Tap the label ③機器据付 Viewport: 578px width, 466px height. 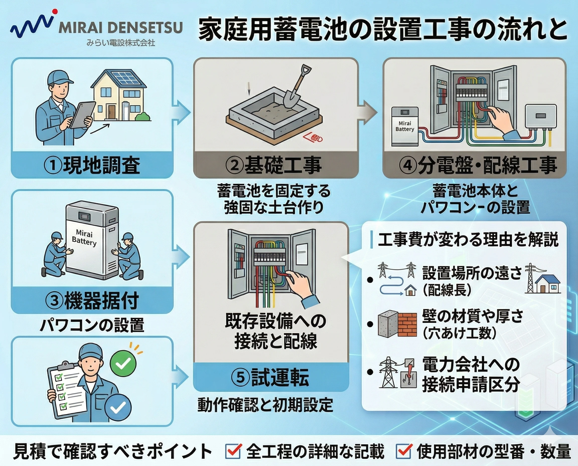[x=92, y=300]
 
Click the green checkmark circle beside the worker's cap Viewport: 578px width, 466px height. [x=123, y=364]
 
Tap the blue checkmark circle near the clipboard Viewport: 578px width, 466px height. [x=118, y=408]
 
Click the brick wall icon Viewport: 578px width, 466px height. [x=407, y=325]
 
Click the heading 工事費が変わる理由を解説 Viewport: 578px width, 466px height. [x=468, y=239]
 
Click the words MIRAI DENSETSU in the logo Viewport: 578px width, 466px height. [x=121, y=28]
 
